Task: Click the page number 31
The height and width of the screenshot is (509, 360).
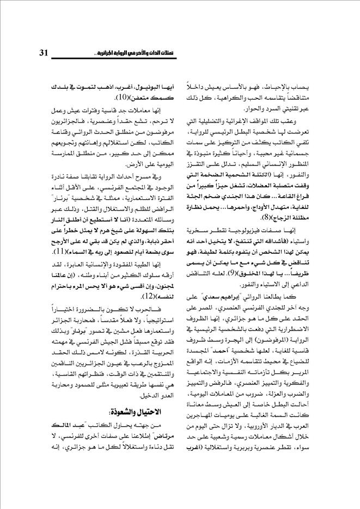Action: coord(45,53)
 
